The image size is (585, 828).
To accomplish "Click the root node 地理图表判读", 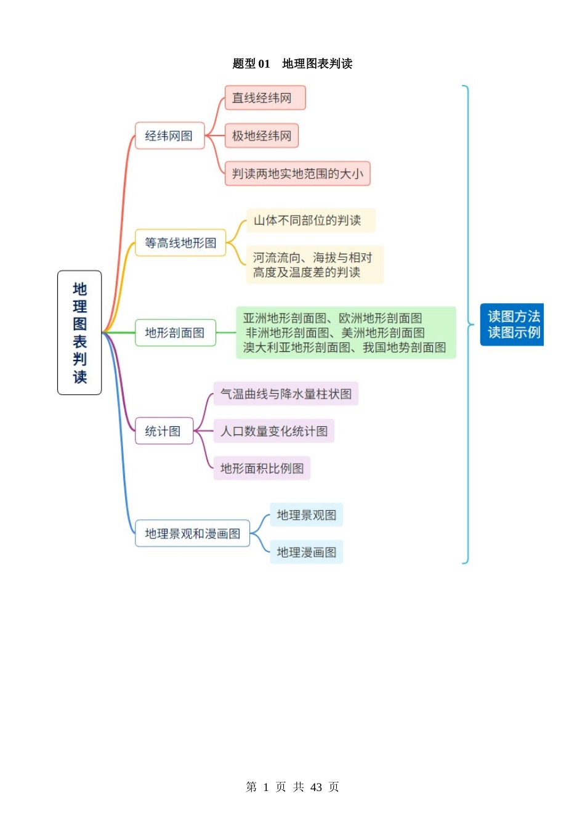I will (x=79, y=333).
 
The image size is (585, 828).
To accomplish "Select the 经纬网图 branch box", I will (x=169, y=136).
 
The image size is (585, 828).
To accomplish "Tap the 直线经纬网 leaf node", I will (x=265, y=98).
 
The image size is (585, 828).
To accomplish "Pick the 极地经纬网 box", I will (x=262, y=136).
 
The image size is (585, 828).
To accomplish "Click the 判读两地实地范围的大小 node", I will (x=297, y=174).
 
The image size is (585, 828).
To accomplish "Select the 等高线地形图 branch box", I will (x=180, y=243).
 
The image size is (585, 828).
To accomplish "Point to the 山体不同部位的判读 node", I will (x=310, y=221).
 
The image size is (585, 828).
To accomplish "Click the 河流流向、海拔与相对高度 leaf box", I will (x=314, y=265).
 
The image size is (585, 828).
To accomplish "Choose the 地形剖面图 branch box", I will (x=175, y=333).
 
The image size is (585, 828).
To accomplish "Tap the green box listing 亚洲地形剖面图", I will (x=345, y=333).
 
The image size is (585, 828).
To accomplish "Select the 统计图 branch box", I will (x=164, y=431).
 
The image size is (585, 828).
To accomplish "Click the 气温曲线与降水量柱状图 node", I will (x=286, y=394).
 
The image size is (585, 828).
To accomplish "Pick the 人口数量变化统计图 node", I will (x=274, y=431).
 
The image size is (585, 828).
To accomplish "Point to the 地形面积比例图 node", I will (x=262, y=468).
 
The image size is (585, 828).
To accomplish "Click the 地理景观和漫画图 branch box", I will (x=192, y=534).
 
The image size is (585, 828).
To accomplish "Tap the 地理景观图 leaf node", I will (x=306, y=515).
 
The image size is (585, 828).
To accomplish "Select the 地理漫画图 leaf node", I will (x=306, y=553).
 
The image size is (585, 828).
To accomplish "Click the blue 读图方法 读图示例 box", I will (x=512, y=325).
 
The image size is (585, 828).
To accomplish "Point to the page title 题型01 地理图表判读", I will (x=292, y=63).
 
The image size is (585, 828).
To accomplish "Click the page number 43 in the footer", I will (x=317, y=787).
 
